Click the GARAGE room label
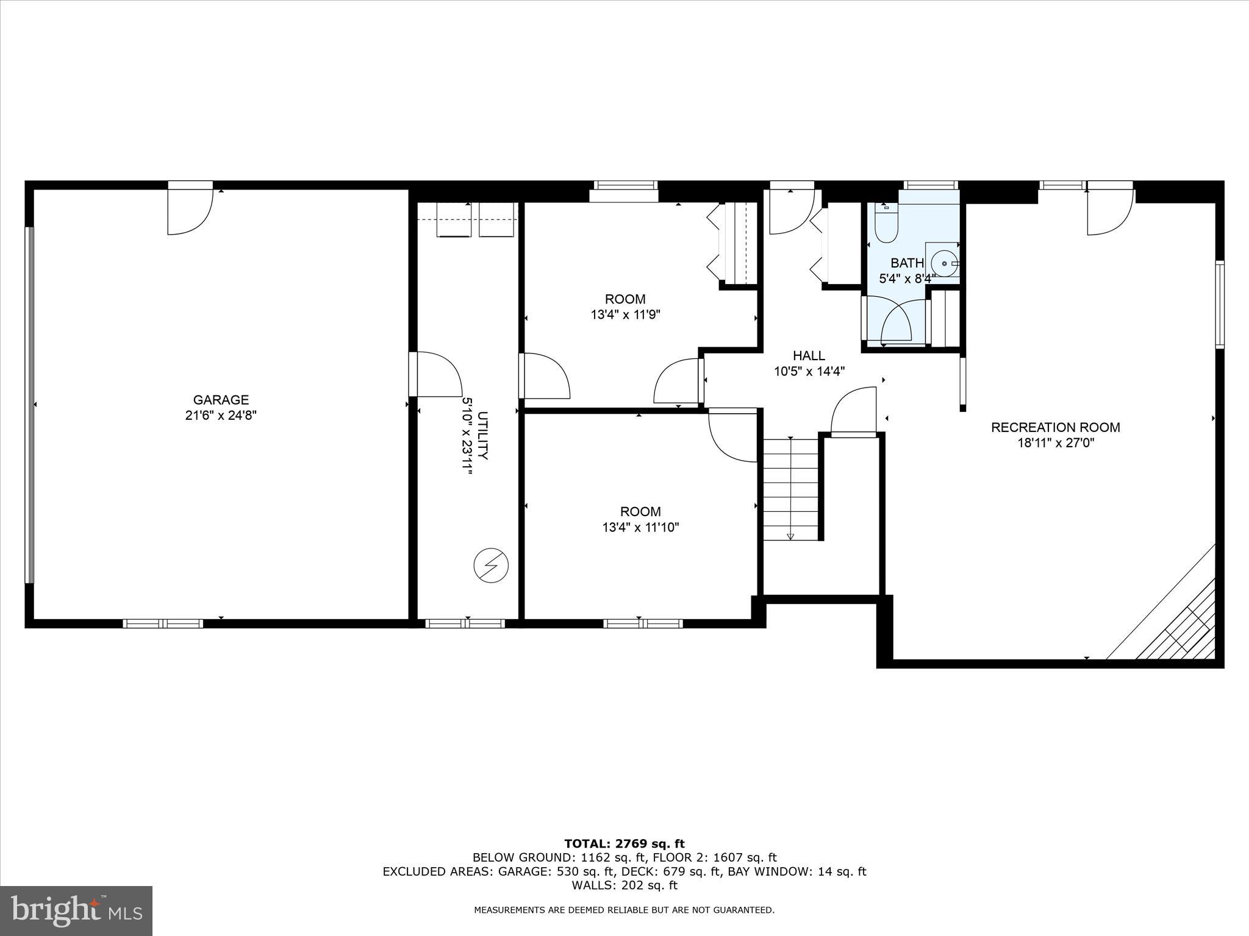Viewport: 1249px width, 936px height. [x=221, y=400]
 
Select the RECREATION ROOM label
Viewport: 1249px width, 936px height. [x=1055, y=427]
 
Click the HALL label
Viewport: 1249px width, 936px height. [x=809, y=356]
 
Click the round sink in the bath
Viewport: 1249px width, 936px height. [x=944, y=264]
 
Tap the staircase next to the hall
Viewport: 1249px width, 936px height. [x=790, y=489]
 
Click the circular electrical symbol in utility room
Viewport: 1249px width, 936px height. [x=491, y=566]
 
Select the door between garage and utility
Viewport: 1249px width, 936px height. [x=434, y=374]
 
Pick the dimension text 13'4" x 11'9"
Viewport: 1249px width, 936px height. [x=625, y=315]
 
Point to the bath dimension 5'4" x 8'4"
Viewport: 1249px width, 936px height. [x=907, y=279]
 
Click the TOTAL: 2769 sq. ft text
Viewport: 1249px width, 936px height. [x=624, y=844]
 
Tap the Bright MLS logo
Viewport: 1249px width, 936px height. [x=76, y=910]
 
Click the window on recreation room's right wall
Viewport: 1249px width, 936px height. [x=1219, y=304]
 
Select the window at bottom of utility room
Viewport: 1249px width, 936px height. [x=465, y=623]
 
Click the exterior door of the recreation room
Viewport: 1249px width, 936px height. [x=1110, y=210]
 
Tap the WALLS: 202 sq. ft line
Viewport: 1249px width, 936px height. [x=624, y=885]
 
